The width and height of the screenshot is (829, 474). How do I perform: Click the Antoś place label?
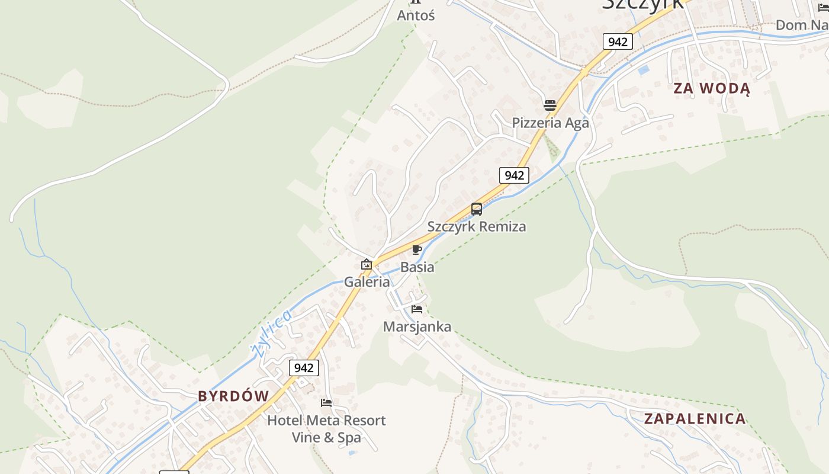tap(416, 15)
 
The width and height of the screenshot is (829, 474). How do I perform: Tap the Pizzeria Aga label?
tap(550, 123)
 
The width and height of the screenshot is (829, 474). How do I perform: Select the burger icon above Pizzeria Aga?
tap(550, 105)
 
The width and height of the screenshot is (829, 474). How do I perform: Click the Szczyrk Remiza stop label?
tap(477, 226)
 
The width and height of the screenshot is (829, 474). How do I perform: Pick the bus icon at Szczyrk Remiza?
tap(477, 209)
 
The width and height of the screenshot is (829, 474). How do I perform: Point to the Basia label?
tap(417, 267)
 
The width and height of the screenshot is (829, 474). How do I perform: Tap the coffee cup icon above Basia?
tap(417, 249)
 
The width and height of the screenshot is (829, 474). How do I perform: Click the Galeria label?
tap(367, 281)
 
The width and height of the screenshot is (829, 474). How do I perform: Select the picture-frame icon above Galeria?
tap(367, 264)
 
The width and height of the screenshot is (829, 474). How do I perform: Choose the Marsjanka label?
tap(417, 326)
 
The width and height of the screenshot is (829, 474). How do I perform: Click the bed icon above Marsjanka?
tap(417, 309)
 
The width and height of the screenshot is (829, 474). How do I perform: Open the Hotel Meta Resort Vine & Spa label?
tap(326, 429)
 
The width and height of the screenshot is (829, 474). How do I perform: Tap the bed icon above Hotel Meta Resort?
tap(326, 403)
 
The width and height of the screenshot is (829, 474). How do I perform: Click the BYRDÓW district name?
tap(233, 396)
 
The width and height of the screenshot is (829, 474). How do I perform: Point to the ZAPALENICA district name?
tap(695, 419)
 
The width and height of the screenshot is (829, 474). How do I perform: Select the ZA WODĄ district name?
tap(712, 89)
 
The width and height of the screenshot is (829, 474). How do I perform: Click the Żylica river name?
tap(271, 334)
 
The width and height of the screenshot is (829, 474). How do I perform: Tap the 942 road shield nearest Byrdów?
tap(304, 368)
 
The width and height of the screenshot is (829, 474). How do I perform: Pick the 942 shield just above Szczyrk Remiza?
tap(514, 175)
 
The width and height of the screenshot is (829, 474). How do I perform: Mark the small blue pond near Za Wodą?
tap(644, 70)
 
